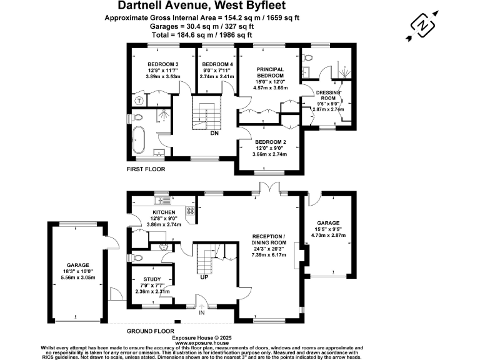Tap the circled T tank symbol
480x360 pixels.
click(139, 101)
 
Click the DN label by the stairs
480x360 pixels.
click(214, 133)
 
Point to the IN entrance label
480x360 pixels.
click(201, 312)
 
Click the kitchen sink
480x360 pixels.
click(164, 200)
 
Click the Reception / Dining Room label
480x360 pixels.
click(269, 242)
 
